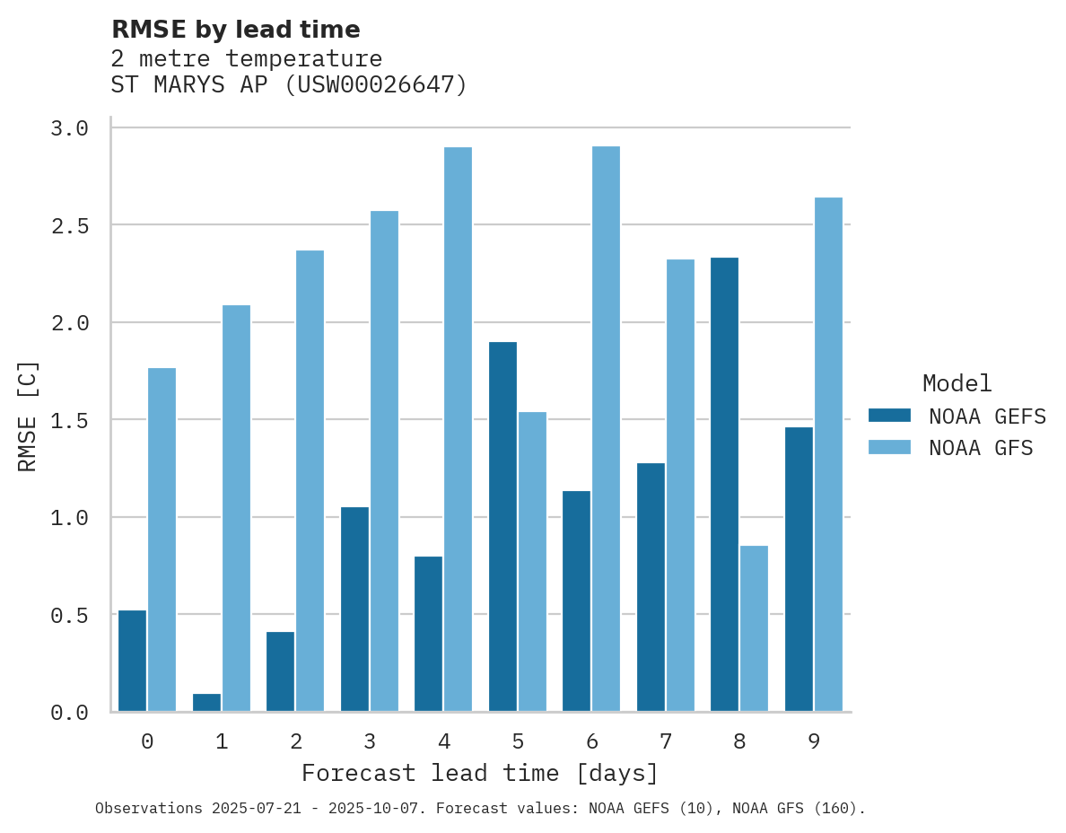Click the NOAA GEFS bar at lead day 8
coord(724,485)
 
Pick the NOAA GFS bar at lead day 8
coord(754,628)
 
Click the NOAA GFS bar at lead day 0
coord(162,539)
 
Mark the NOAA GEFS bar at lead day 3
coord(354,609)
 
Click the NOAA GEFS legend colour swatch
coord(889,416)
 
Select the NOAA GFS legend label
coord(981,448)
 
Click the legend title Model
coord(957,383)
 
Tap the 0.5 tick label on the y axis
coord(69,616)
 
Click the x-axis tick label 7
coord(665,741)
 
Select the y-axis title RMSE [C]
coord(28,416)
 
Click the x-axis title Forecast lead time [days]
coord(480,773)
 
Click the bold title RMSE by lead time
coord(235,30)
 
